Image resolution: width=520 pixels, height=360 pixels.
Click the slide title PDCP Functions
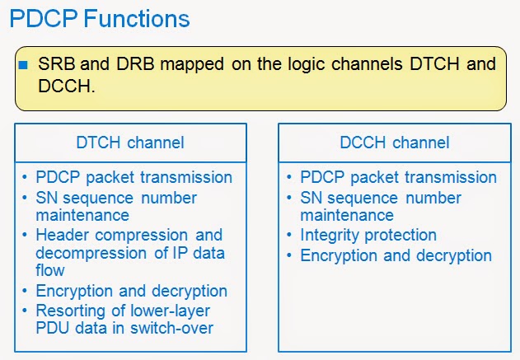pyautogui.click(x=100, y=17)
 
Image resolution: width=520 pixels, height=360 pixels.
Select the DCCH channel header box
pyautogui.click(x=395, y=143)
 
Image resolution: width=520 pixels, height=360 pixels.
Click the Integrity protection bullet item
pyautogui.click(x=368, y=236)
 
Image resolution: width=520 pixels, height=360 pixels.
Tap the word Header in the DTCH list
pyautogui.click(x=61, y=235)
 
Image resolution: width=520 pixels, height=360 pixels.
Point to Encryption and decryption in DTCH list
pyautogui.click(x=131, y=291)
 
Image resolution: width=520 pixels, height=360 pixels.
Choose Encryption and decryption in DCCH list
pyautogui.click(x=396, y=255)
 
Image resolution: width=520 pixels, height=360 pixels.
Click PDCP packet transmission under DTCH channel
pyautogui.click(x=134, y=177)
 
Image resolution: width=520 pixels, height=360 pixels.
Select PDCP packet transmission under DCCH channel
pyautogui.click(x=398, y=177)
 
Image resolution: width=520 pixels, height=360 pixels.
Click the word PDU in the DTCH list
pyautogui.click(x=54, y=328)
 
